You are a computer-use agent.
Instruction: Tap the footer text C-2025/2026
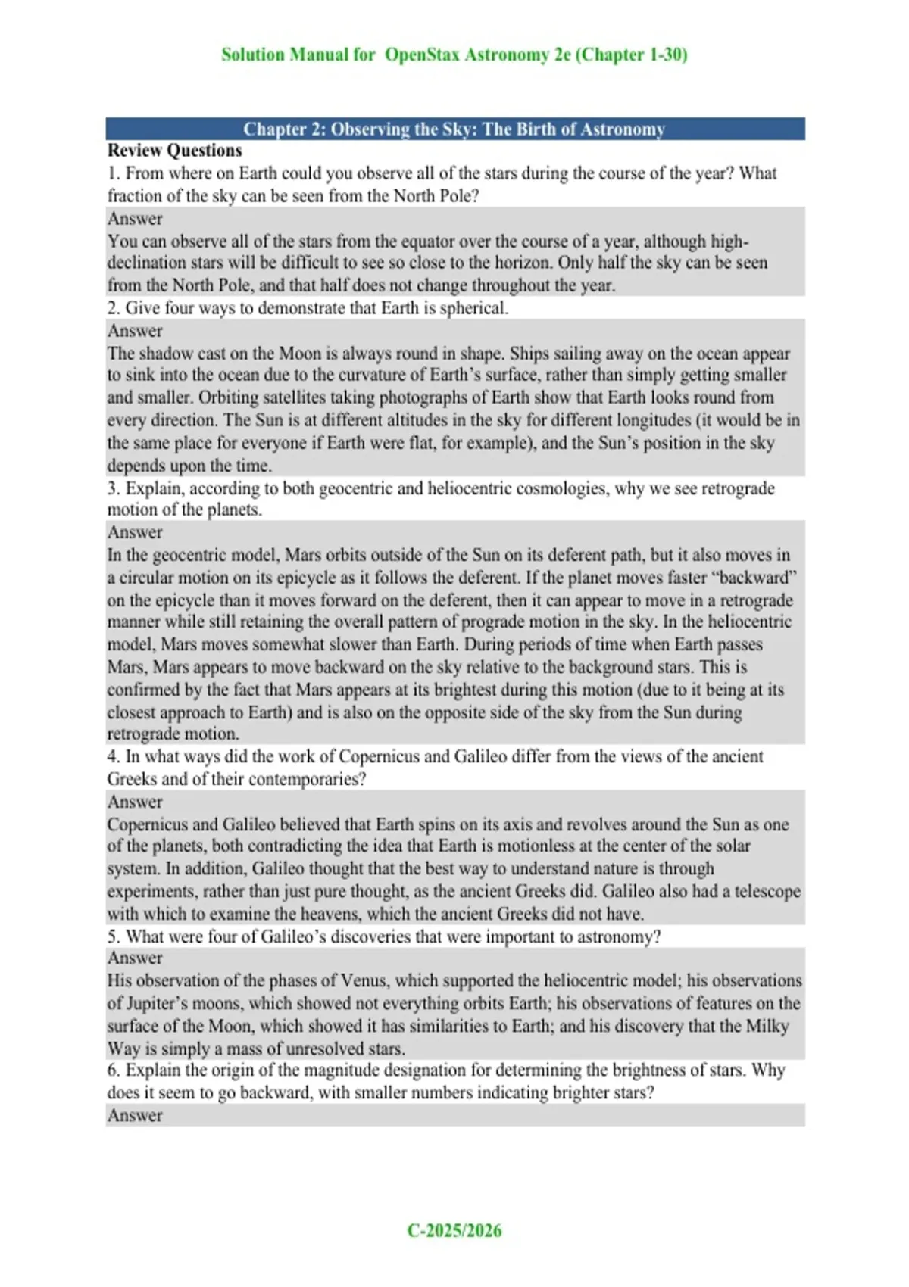tap(454, 1230)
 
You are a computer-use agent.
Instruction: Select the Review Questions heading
tap(174, 151)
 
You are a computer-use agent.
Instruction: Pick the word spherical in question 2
tap(471, 308)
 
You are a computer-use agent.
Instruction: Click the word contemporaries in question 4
tap(300, 779)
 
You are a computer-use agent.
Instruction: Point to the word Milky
tap(767, 1026)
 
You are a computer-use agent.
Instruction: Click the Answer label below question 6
tap(135, 1115)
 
